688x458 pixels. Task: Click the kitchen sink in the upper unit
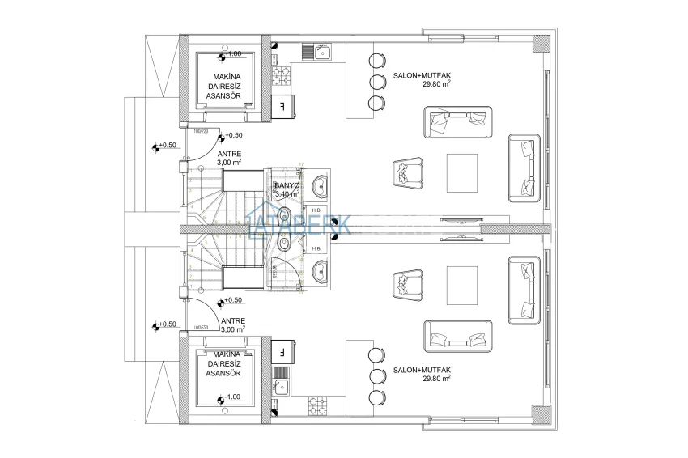[316, 53]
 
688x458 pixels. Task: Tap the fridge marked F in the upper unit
[282, 105]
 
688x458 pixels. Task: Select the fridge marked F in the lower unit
[282, 353]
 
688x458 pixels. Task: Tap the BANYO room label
[287, 185]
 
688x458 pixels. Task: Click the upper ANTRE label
[228, 153]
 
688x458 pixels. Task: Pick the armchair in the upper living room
[406, 172]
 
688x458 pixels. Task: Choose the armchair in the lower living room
[406, 284]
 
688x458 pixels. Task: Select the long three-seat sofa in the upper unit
[457, 121]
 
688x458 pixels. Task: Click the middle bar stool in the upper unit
[376, 82]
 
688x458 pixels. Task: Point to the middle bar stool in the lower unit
[376, 375]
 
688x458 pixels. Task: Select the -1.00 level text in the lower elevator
[231, 397]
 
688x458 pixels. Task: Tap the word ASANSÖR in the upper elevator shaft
[223, 95]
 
